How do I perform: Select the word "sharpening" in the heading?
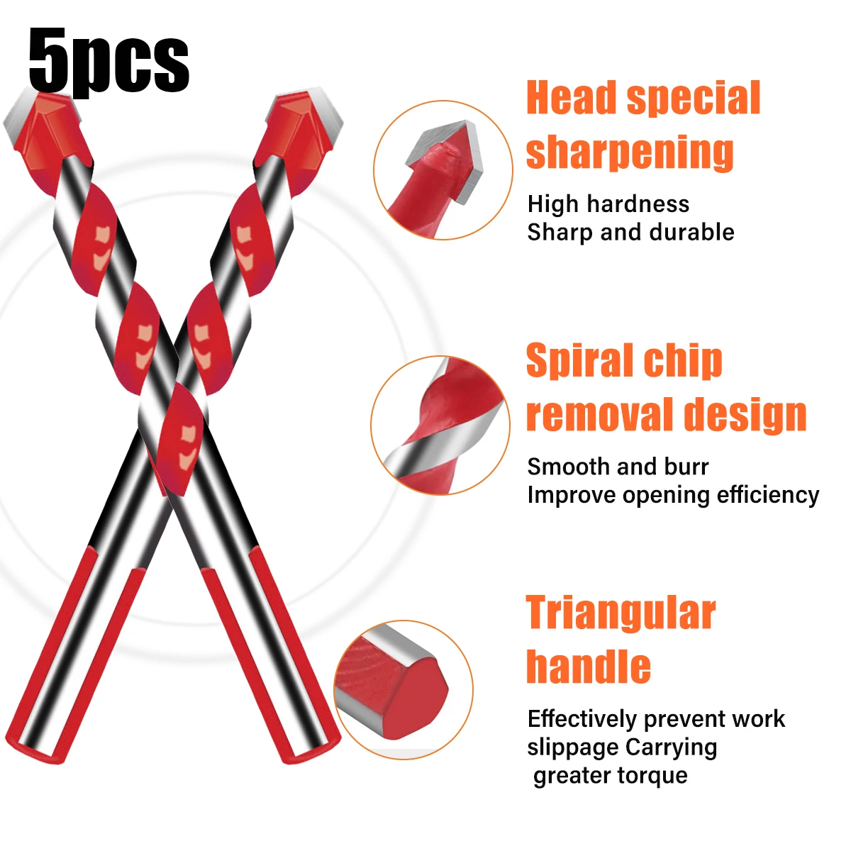click(x=630, y=152)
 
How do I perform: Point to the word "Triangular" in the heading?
click(x=621, y=613)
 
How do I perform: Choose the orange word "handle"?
click(x=588, y=667)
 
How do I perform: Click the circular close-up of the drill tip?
click(x=443, y=170)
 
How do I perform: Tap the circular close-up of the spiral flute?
click(x=440, y=425)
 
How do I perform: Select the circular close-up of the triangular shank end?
click(x=403, y=688)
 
